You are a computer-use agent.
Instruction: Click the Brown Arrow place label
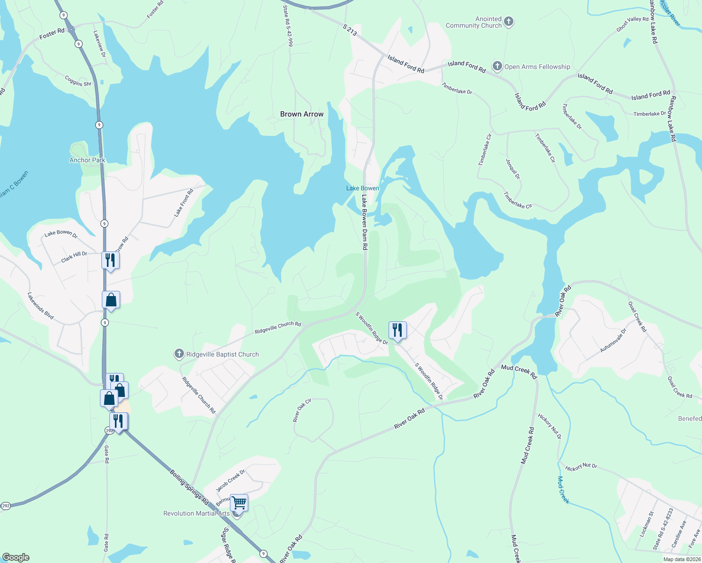[302, 114]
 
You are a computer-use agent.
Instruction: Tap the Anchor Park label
[87, 160]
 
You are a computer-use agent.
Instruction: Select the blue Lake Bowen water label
[363, 188]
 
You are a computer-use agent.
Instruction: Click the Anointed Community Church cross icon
[508, 22]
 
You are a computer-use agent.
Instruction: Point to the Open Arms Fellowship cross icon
[497, 66]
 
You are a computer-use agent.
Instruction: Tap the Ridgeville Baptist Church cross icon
[179, 354]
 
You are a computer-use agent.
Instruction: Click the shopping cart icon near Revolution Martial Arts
[239, 502]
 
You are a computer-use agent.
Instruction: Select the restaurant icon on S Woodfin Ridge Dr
[397, 330]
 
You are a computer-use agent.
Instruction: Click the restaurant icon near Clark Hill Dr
[110, 260]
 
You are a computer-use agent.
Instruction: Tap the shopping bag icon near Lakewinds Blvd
[111, 299]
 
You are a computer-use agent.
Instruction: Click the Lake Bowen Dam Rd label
[364, 222]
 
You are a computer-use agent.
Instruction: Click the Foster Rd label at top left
[52, 33]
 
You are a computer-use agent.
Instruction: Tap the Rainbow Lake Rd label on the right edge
[673, 119]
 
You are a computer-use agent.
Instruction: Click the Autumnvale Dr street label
[613, 341]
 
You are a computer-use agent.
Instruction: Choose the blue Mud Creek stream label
[563, 490]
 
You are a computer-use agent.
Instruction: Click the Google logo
[16, 557]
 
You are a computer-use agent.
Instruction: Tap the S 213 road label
[350, 30]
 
